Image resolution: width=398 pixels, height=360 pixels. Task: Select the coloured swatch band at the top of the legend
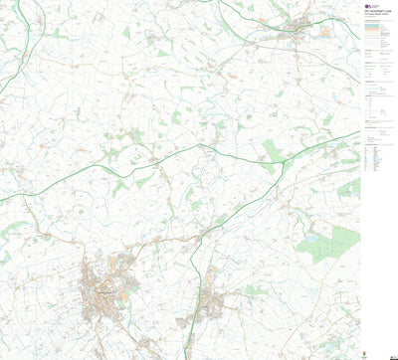(x=377, y=31)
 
